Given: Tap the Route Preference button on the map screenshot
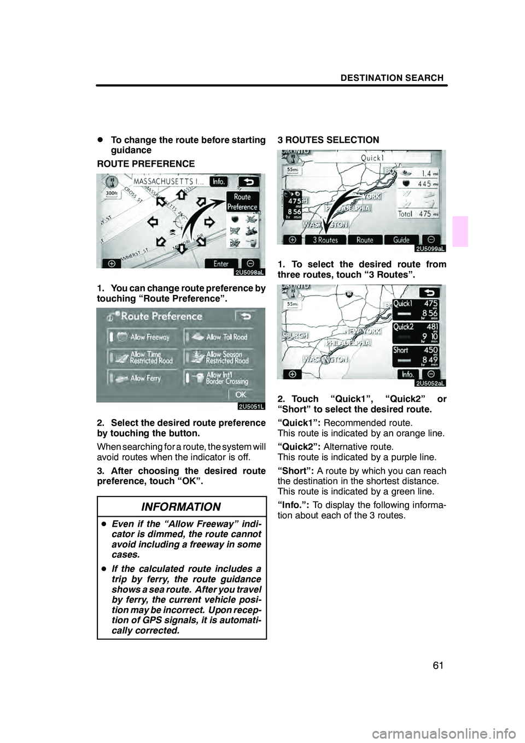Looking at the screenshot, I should pos(242,202).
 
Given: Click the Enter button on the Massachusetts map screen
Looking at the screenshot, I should pos(221,263).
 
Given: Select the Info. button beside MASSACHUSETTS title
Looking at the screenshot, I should pos(219,181).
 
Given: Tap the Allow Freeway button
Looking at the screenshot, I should pos(143,338).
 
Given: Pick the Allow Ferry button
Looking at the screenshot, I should pos(143,378).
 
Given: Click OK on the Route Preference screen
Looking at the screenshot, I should pos(241,394).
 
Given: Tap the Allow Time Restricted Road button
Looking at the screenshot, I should pos(143,358).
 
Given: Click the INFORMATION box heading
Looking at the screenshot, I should pos(182,506).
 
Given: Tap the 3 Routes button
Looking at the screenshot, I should pos(325,240).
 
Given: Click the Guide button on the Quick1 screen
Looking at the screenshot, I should pos(401,240).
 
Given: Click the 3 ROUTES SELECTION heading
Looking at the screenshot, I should pos(328,140).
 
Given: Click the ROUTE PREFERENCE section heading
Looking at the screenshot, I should pos(145,163).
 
